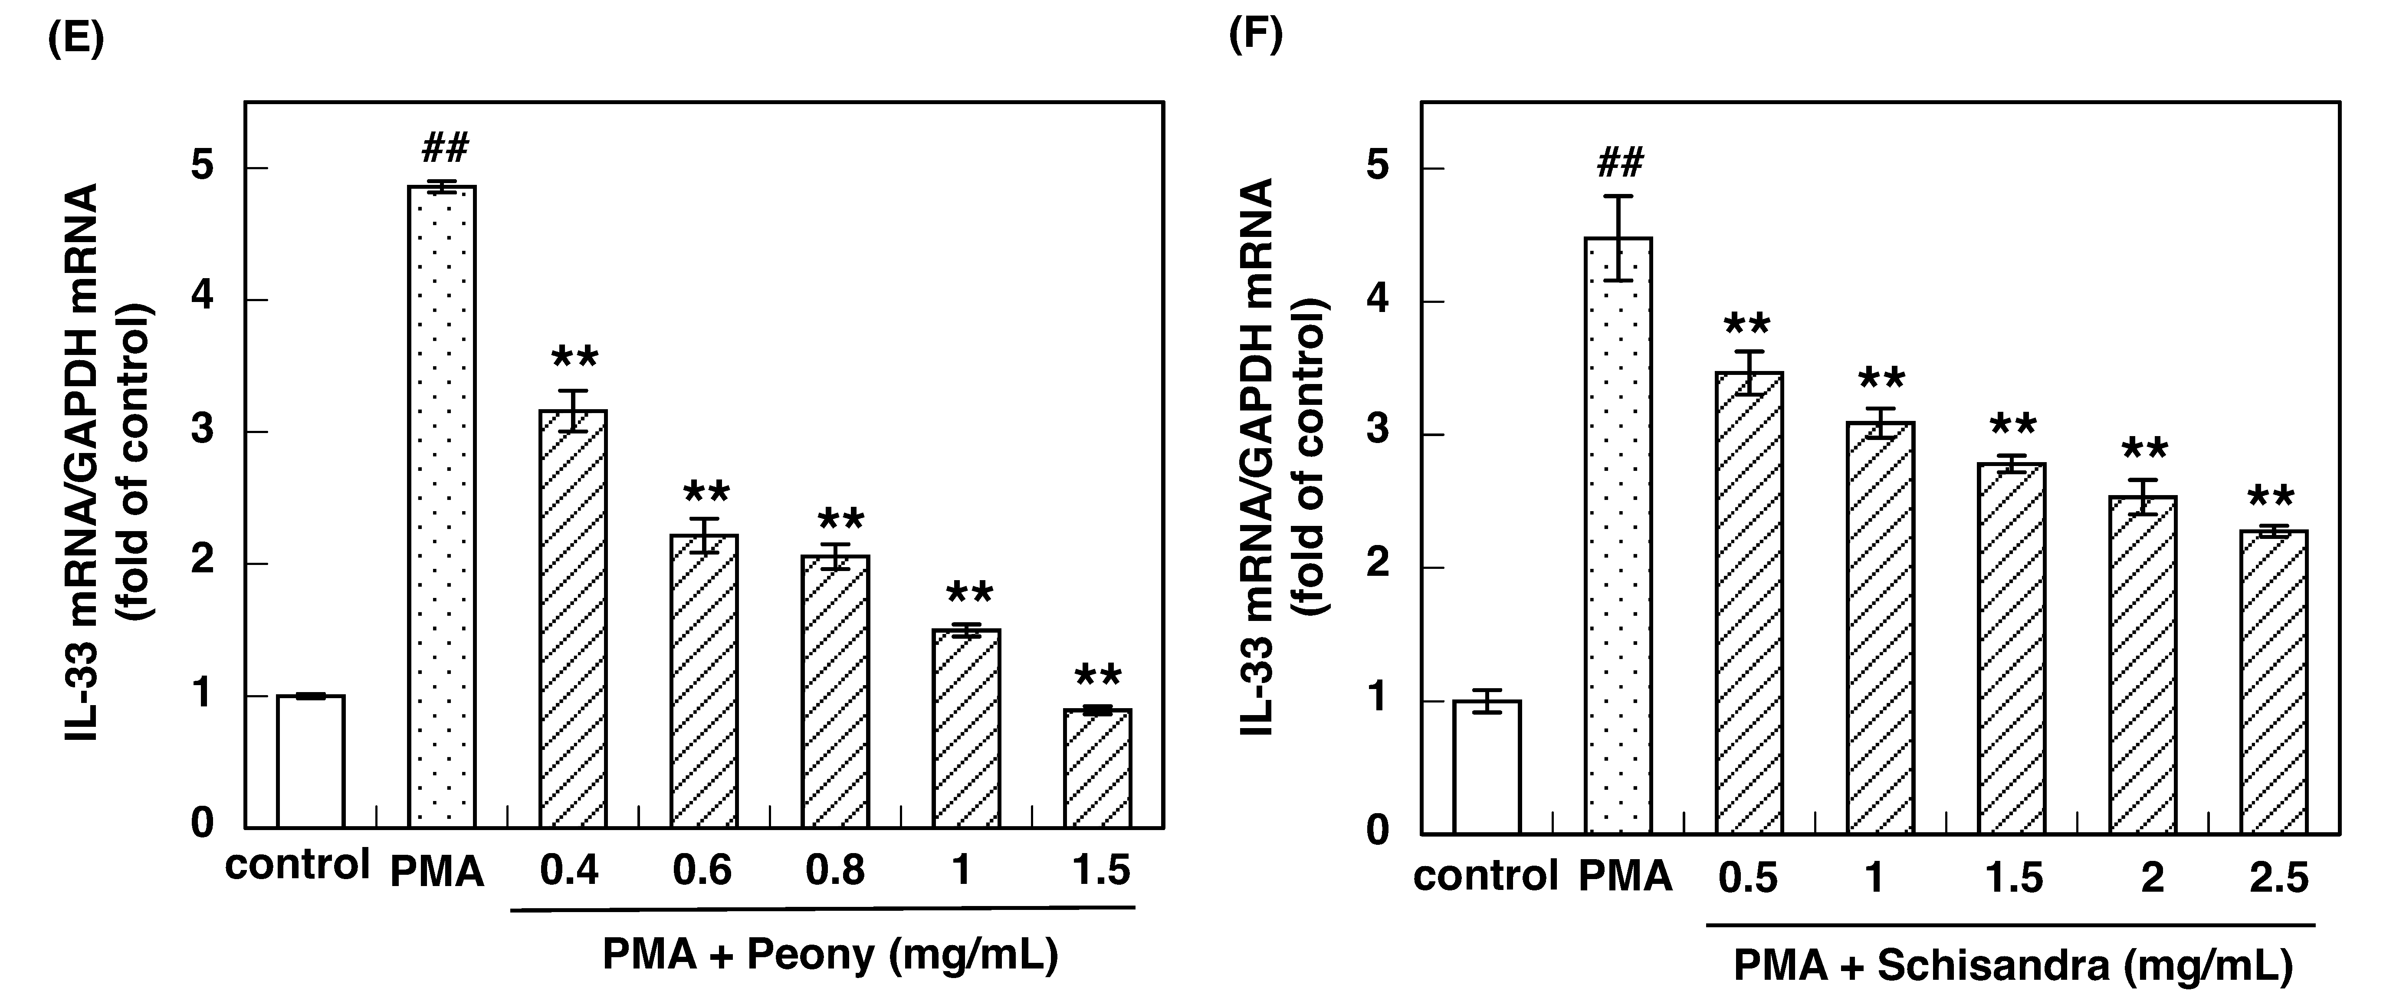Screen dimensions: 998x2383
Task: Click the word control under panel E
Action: (297, 865)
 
